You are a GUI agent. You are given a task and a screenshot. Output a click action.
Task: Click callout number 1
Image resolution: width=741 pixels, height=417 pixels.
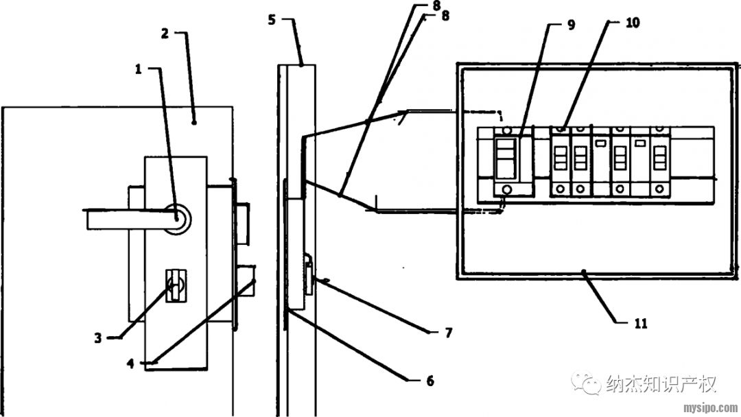(x=138, y=69)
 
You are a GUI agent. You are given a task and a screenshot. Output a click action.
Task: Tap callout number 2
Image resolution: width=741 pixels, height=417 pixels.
(x=165, y=34)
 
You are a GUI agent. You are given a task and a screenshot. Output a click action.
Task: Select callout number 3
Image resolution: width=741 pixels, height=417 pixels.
(x=97, y=337)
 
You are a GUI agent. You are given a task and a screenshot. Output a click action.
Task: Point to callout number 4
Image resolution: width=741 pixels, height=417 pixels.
(x=130, y=363)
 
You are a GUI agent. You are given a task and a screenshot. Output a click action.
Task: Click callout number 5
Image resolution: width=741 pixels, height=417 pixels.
(x=271, y=20)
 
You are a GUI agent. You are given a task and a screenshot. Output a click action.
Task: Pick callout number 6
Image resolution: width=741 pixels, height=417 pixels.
(x=430, y=381)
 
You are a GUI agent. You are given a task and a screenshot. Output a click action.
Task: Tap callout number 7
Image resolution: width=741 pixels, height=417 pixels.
(x=449, y=333)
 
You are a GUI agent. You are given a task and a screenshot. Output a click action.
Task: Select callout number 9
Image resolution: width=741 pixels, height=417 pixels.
(x=571, y=25)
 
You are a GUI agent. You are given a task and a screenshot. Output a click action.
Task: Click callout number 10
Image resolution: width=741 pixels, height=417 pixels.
(x=633, y=22)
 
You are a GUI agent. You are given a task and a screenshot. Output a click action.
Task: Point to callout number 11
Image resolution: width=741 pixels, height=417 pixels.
(x=640, y=324)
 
